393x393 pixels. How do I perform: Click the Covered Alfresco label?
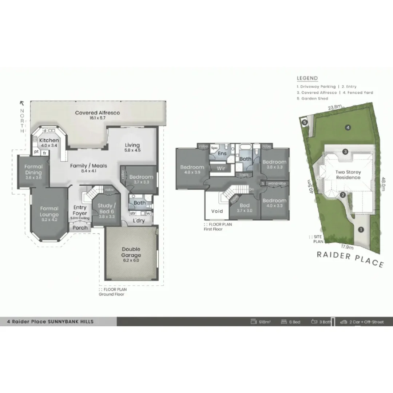98,113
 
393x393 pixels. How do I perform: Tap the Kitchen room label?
49,140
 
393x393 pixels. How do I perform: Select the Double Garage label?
131,252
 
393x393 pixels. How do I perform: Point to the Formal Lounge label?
49,211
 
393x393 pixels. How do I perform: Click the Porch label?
80,228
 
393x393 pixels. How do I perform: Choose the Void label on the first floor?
217,211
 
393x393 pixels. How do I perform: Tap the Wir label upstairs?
221,168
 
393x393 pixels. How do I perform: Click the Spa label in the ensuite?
214,148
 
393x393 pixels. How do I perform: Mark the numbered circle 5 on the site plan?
305,122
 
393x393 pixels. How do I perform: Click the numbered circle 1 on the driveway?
361,229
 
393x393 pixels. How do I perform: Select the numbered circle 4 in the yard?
348,127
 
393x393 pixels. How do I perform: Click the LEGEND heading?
307,78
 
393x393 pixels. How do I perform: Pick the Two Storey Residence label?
348,175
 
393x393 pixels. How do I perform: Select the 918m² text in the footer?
265,322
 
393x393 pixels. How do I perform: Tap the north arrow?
22,103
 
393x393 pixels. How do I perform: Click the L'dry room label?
138,221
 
